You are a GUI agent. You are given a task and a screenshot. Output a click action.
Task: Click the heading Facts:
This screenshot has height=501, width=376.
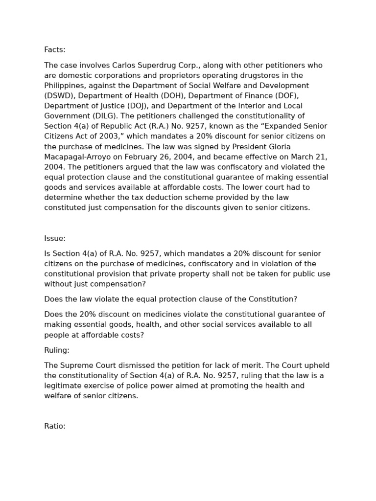click(55, 50)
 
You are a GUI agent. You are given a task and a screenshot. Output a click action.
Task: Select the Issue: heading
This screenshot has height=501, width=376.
click(55, 238)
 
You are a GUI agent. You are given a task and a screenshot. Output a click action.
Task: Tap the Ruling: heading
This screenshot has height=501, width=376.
click(57, 350)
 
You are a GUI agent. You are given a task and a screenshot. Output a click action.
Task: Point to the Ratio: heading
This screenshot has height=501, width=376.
click(55, 426)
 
